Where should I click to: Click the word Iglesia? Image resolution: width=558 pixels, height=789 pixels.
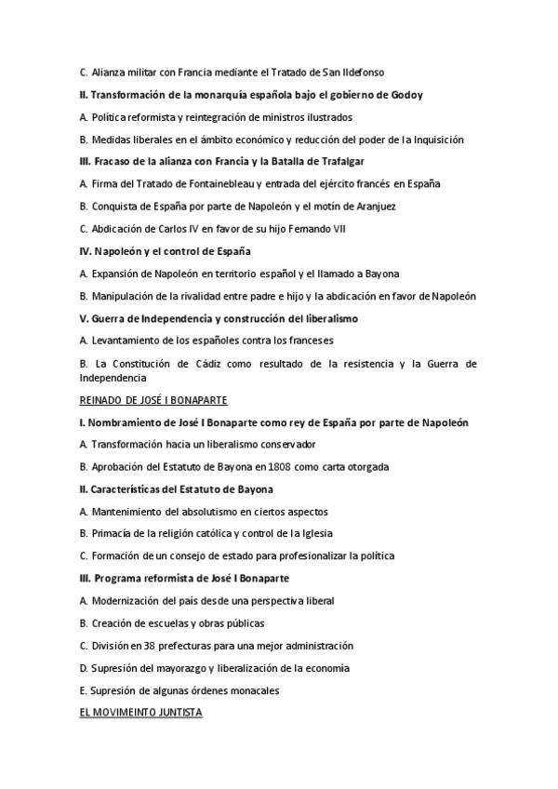pos(314,533)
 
